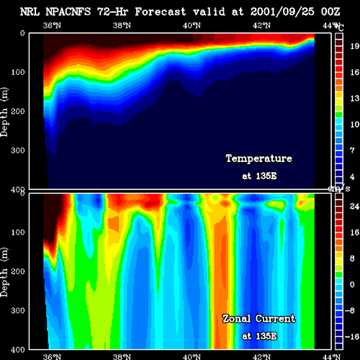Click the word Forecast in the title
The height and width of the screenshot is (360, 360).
(x=161, y=12)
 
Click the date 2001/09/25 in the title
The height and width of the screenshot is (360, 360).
(x=282, y=12)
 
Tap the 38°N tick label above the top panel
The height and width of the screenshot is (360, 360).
(x=122, y=25)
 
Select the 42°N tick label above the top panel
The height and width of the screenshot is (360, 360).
(x=261, y=25)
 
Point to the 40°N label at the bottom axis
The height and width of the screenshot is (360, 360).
(x=192, y=356)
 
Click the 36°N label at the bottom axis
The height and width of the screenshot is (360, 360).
(x=52, y=356)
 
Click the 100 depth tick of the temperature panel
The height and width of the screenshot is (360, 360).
(x=18, y=72)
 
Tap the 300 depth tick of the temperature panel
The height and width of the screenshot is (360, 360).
(x=18, y=150)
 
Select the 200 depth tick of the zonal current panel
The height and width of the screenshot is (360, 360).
(x=18, y=271)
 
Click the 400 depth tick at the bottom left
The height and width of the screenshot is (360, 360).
(x=18, y=350)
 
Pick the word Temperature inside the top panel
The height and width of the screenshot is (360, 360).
(x=259, y=158)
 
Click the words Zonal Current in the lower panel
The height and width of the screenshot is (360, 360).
(x=259, y=319)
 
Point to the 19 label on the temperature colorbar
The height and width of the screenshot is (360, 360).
(x=355, y=46)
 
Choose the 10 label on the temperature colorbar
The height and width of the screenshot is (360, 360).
(x=355, y=125)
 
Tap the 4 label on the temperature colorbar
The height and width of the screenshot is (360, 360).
(x=352, y=177)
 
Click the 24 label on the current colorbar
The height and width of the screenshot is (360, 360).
(x=354, y=206)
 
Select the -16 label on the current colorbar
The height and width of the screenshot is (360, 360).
(x=352, y=337)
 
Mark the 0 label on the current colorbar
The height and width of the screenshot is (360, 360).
(x=352, y=284)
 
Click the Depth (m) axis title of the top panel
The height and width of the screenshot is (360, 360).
(x=4, y=112)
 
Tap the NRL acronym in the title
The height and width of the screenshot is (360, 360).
(x=30, y=12)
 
